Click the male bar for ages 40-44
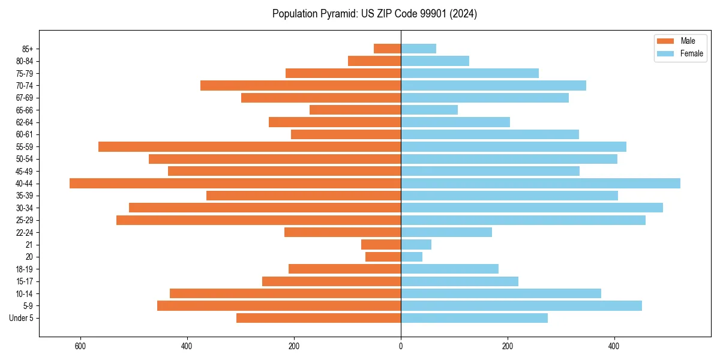tap(235, 184)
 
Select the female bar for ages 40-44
tap(541, 184)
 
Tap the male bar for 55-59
tap(250, 147)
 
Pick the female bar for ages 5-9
tap(521, 306)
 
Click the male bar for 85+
tap(387, 49)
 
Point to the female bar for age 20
tap(412, 257)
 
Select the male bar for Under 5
tap(319, 318)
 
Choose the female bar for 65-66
tap(429, 110)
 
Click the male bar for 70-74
tap(301, 86)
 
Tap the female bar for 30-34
tap(532, 208)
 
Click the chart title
tap(374, 14)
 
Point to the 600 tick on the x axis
tap(80, 346)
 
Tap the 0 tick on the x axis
tap(401, 346)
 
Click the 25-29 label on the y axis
tap(24, 220)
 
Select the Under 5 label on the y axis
tap(22, 318)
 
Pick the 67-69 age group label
tap(24, 98)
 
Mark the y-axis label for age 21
tap(29, 245)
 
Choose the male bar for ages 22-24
tap(343, 232)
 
